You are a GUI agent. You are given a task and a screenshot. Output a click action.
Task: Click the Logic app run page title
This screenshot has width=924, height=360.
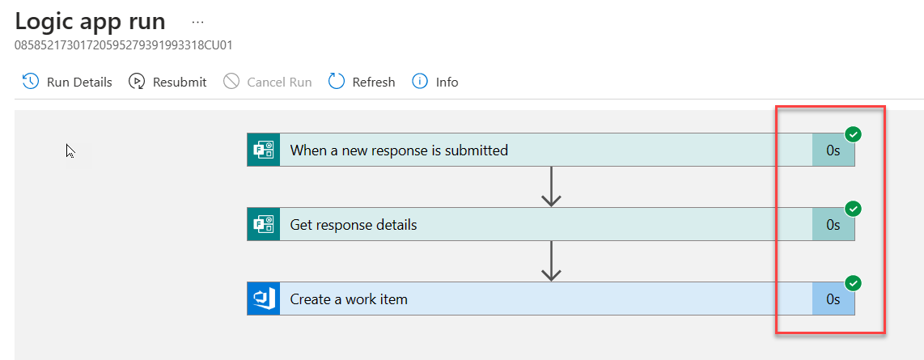coord(90,21)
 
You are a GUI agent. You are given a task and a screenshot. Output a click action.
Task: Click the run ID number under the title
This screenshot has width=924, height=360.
coord(124,45)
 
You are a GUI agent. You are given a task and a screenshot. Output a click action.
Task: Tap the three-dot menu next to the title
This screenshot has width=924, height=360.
coord(198,22)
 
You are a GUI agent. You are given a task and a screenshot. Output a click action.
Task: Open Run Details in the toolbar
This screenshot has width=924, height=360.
coord(67,82)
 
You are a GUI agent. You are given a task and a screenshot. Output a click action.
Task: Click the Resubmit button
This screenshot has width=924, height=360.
coord(167,82)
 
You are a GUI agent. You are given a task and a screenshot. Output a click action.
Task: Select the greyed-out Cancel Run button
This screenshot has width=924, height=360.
coord(268,82)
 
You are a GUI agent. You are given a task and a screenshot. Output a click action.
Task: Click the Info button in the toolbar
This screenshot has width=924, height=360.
coord(435,82)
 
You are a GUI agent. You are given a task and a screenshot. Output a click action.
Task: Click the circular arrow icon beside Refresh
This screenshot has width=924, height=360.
coord(337,82)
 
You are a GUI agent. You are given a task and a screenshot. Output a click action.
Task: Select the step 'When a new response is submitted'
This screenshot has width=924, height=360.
coord(399,150)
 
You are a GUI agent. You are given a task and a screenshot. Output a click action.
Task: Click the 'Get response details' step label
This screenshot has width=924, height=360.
coord(354,224)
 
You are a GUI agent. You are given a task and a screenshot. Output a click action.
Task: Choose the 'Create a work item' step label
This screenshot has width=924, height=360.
coord(349,299)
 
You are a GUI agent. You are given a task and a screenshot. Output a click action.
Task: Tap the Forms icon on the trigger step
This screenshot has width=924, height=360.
coord(263,150)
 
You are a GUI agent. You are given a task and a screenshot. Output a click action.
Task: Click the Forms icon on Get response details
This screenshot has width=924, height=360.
coord(263,224)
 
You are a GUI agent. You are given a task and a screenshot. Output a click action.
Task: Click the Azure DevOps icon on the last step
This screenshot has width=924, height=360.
coord(263,299)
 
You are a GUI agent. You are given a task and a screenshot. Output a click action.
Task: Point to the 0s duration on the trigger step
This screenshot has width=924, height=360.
coord(833,150)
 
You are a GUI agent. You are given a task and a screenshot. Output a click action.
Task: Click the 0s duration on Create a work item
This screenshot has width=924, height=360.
coord(833,299)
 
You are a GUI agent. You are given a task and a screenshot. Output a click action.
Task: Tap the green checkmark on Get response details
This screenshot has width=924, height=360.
coord(853,209)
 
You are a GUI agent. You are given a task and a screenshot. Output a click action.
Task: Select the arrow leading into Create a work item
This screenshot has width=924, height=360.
coord(551,261)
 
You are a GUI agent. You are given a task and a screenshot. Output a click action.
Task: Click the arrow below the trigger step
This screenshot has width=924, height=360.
coord(551,187)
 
